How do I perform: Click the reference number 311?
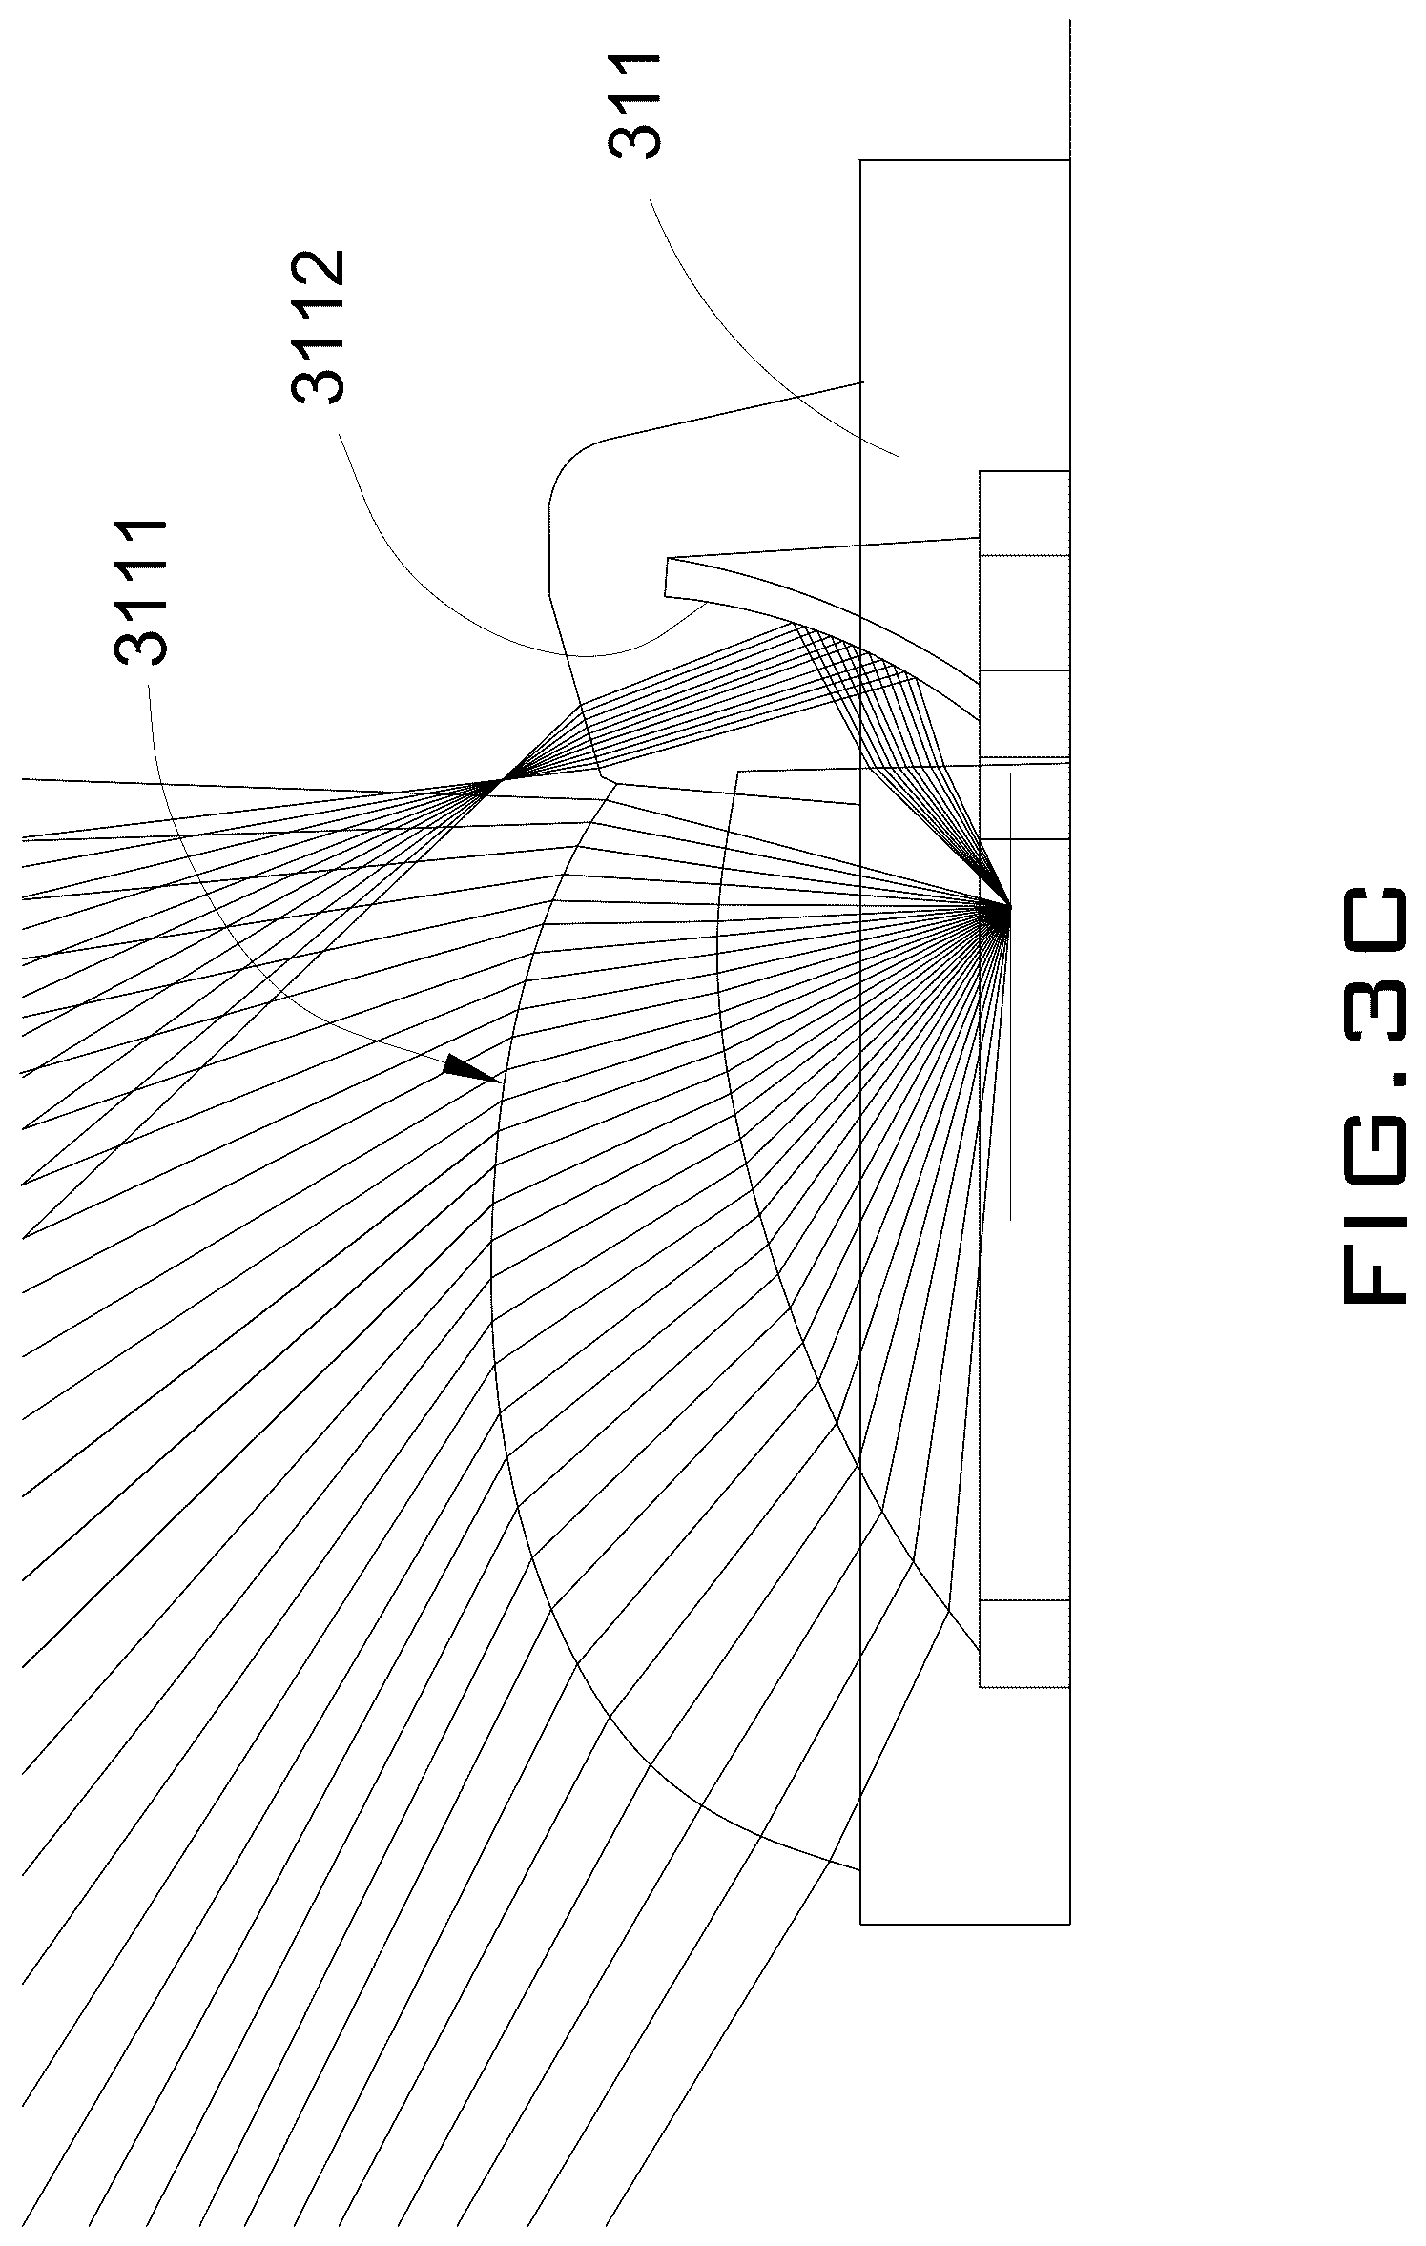click(x=633, y=107)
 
